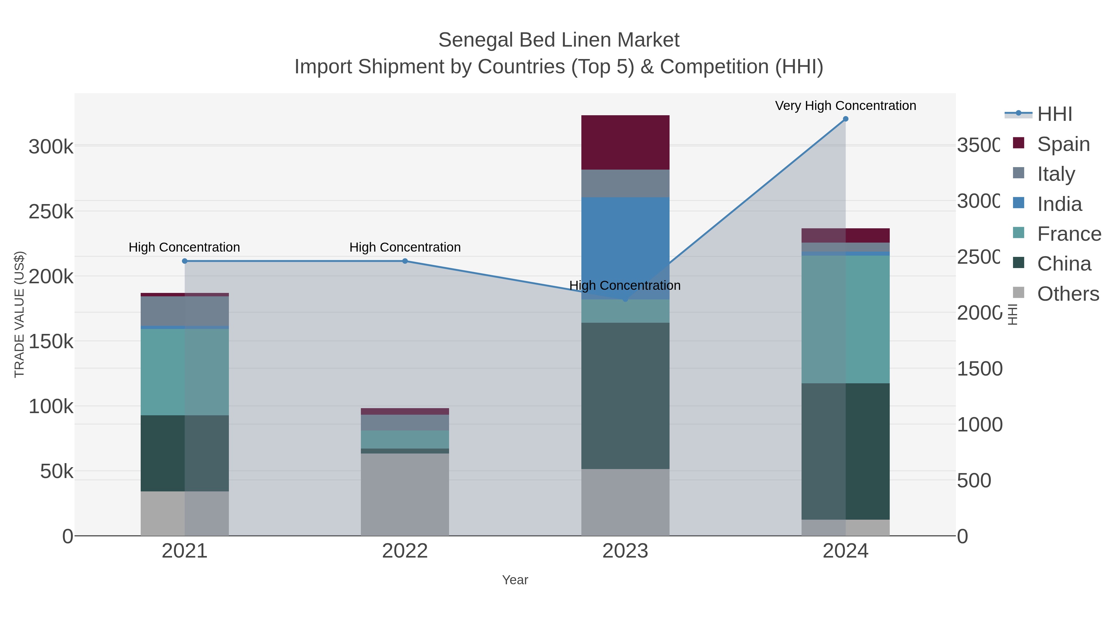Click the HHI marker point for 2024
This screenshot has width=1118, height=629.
click(845, 119)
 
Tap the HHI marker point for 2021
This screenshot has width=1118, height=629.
click(184, 261)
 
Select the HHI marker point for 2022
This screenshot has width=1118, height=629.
click(405, 261)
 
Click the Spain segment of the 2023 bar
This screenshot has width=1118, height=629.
click(625, 142)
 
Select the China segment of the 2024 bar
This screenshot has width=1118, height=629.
click(845, 451)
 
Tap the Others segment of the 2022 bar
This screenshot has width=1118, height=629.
click(405, 495)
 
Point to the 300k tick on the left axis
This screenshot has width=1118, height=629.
click(51, 147)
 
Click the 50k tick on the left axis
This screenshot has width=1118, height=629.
click(57, 472)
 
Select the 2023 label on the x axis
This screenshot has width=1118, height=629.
click(625, 551)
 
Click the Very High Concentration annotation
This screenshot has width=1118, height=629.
click(845, 106)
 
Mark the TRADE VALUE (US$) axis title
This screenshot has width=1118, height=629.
click(20, 314)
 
